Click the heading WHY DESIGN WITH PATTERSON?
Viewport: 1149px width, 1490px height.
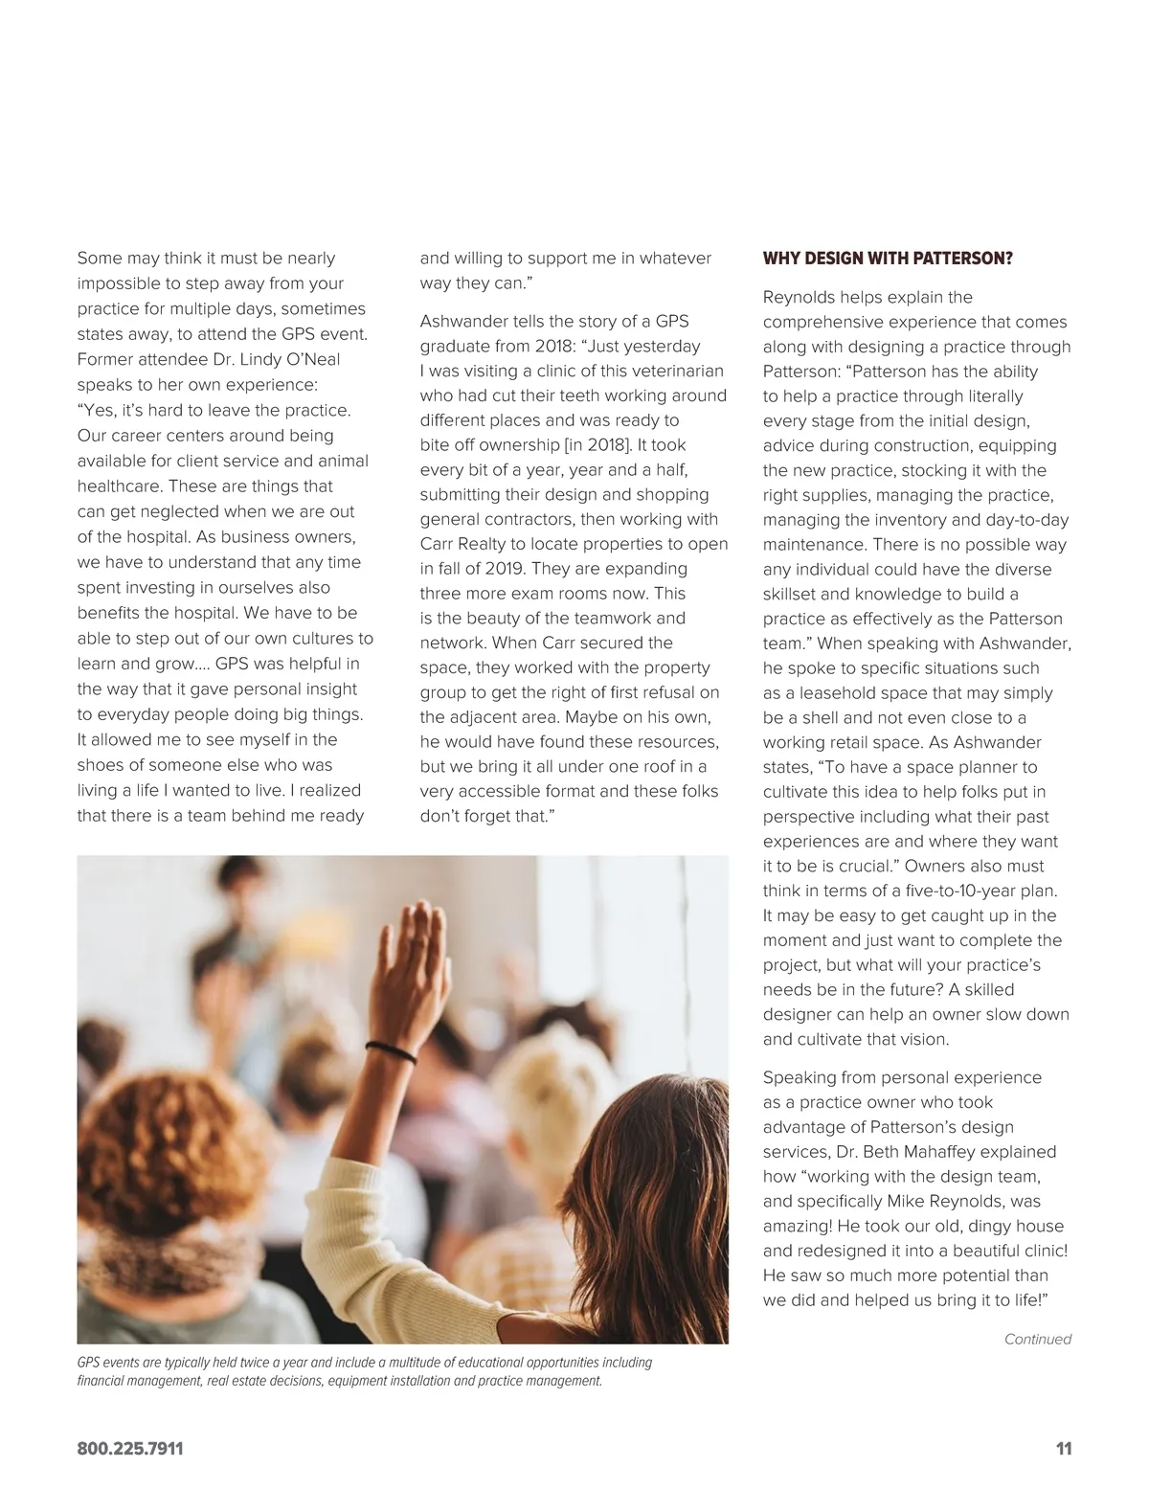tap(888, 260)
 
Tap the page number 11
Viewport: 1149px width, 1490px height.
tap(1063, 1449)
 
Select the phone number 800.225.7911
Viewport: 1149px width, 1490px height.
tap(130, 1449)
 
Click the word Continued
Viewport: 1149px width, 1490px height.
tap(1037, 1339)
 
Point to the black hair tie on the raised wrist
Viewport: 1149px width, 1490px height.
tap(391, 1051)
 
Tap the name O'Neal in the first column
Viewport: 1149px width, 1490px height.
tap(310, 359)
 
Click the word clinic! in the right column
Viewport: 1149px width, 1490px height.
tap(1035, 1252)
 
